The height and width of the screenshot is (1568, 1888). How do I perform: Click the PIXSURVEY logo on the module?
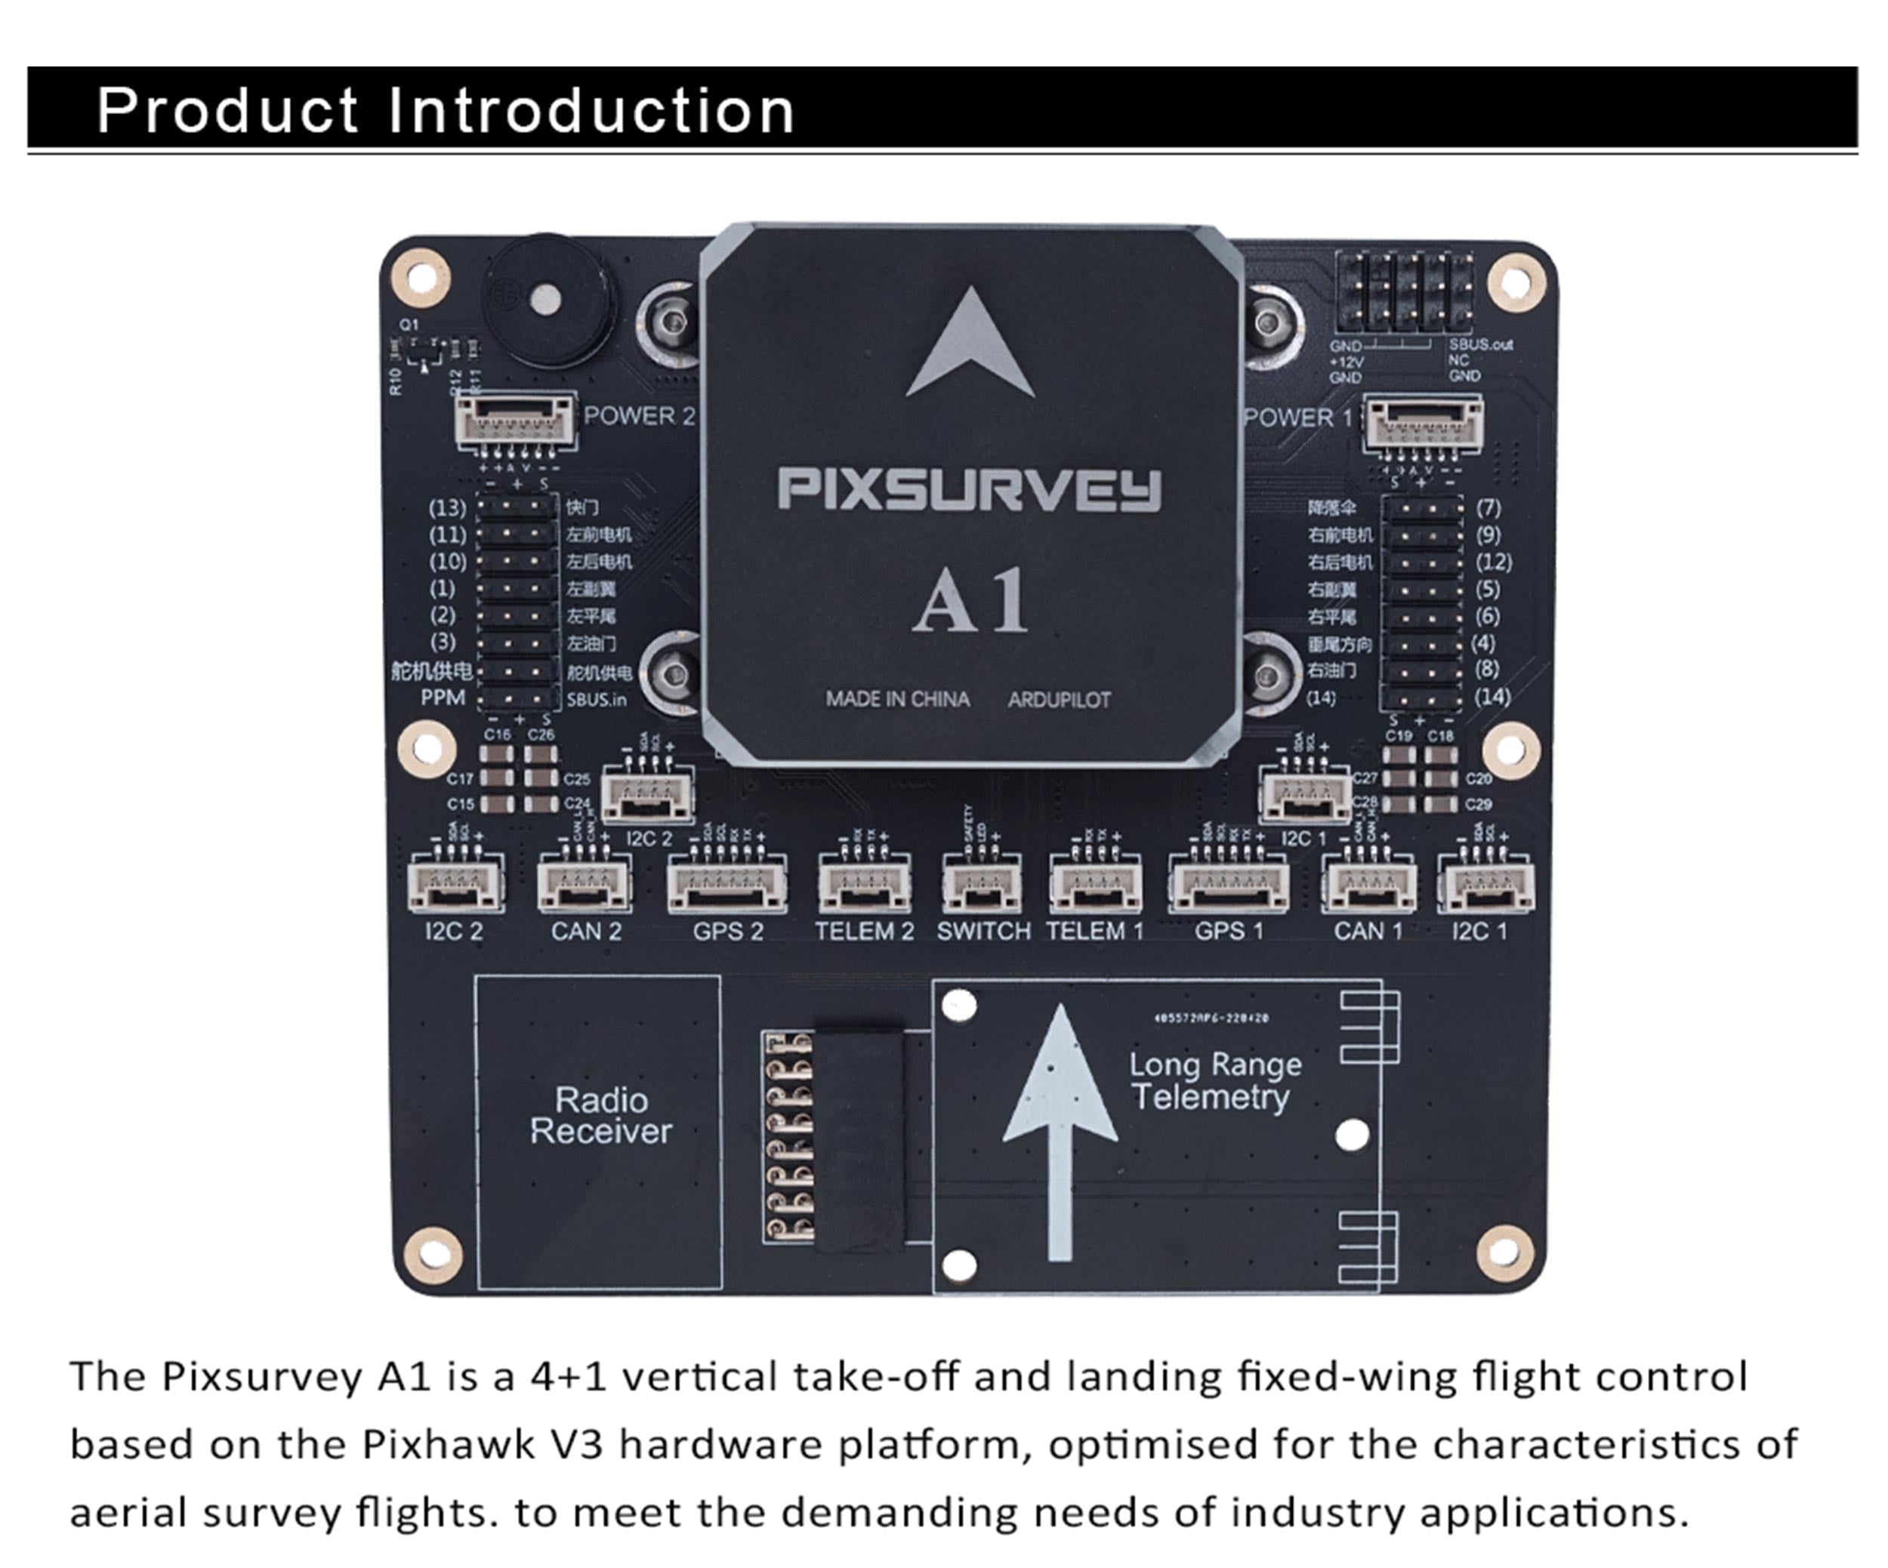(x=969, y=490)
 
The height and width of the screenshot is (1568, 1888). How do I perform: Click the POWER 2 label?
(x=639, y=416)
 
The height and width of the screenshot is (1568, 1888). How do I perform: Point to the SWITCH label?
(x=983, y=931)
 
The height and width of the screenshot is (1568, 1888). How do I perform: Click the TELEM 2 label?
(x=864, y=931)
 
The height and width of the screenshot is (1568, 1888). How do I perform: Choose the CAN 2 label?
(x=586, y=931)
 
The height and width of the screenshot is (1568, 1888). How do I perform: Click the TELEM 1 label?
(x=1094, y=931)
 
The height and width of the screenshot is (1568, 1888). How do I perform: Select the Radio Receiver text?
(x=600, y=1115)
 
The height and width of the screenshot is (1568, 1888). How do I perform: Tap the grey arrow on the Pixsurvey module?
(x=970, y=346)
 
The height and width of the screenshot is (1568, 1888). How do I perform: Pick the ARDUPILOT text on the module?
(x=1059, y=700)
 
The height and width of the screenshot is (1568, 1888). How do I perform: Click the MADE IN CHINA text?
(x=897, y=699)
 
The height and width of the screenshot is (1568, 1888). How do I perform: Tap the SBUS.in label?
(x=596, y=699)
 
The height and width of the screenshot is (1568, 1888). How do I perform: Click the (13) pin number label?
(x=447, y=507)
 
